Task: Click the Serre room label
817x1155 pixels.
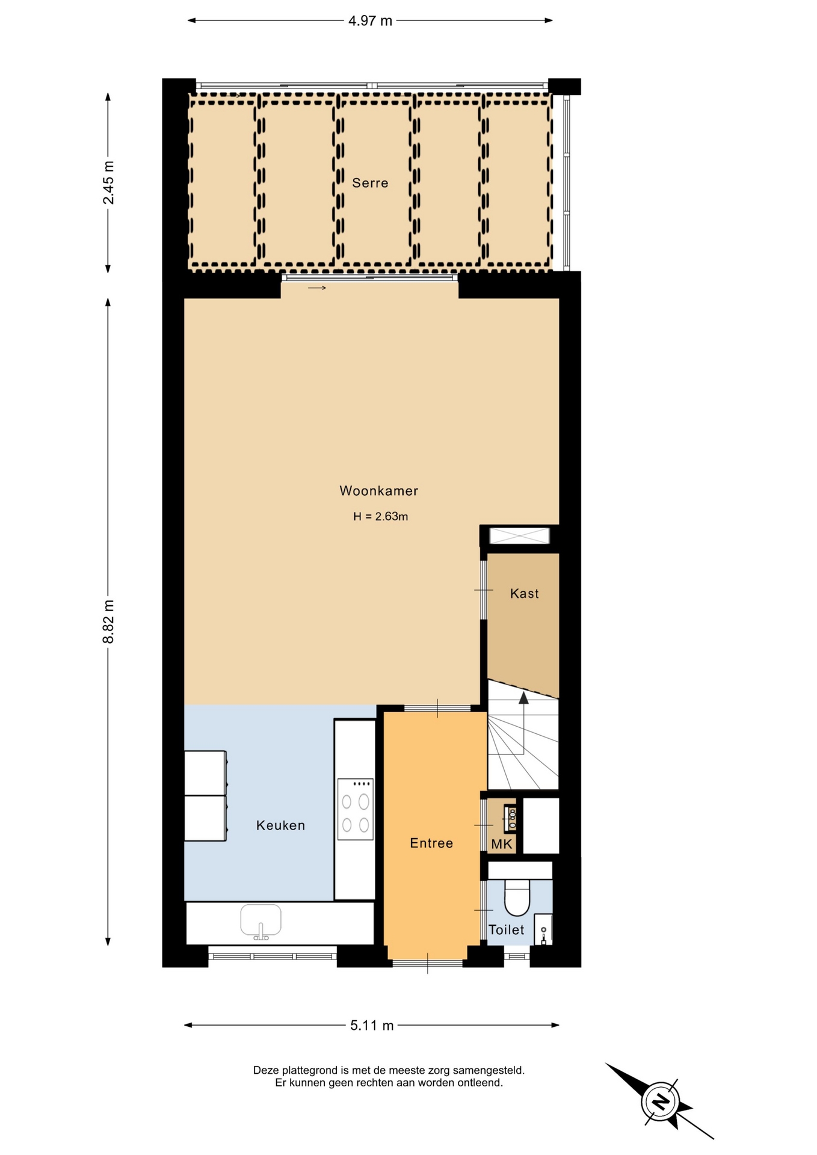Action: pyautogui.click(x=370, y=183)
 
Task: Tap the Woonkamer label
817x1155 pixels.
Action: pyautogui.click(x=378, y=491)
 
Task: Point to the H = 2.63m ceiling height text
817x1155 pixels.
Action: pyautogui.click(x=380, y=516)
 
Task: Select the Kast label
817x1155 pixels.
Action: pyautogui.click(x=524, y=594)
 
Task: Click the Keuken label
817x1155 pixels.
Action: pyautogui.click(x=280, y=825)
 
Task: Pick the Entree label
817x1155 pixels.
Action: pyautogui.click(x=431, y=843)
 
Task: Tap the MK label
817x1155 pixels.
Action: pyautogui.click(x=502, y=844)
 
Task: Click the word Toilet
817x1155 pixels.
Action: pyautogui.click(x=506, y=930)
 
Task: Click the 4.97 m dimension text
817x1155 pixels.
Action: pyautogui.click(x=370, y=21)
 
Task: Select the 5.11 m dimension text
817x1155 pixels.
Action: pyautogui.click(x=372, y=1025)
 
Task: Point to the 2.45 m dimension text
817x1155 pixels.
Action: pyautogui.click(x=108, y=183)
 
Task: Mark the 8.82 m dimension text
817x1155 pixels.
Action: pyautogui.click(x=108, y=621)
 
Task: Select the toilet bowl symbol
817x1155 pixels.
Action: pyautogui.click(x=516, y=897)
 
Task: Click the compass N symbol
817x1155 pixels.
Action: pyautogui.click(x=661, y=1101)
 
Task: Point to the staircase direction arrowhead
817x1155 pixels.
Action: pyautogui.click(x=523, y=698)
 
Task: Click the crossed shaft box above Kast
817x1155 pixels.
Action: pyautogui.click(x=520, y=535)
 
